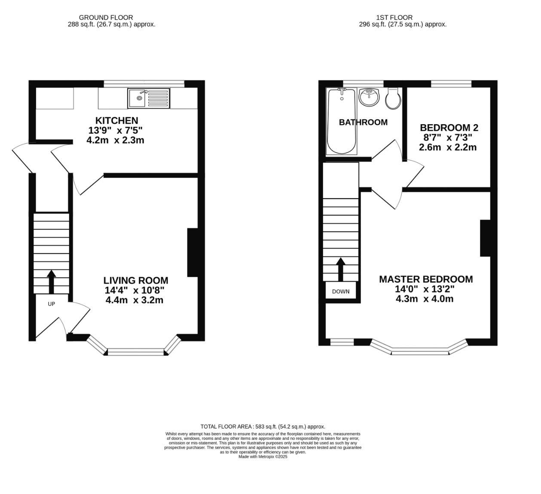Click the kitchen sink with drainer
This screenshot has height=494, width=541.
(149, 98)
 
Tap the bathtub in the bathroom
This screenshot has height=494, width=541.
(342, 121)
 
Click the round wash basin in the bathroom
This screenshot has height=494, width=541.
(369, 97)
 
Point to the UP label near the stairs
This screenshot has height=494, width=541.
(51, 304)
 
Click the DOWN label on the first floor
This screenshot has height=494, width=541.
(341, 291)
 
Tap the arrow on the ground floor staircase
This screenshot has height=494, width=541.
(51, 282)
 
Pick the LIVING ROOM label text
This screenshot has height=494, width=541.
(135, 280)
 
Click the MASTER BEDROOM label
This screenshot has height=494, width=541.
(425, 279)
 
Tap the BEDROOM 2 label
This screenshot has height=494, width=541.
(449, 128)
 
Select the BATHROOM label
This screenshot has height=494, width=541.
(363, 123)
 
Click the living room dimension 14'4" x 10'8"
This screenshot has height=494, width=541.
(134, 290)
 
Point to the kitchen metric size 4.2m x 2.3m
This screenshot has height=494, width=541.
(115, 140)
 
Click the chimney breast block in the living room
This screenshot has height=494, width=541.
(192, 252)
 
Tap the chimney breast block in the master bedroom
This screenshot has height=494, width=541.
(485, 238)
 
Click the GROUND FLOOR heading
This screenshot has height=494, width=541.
(112, 18)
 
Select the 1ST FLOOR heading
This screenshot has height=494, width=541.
(394, 18)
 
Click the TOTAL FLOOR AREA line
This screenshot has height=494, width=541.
(263, 426)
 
